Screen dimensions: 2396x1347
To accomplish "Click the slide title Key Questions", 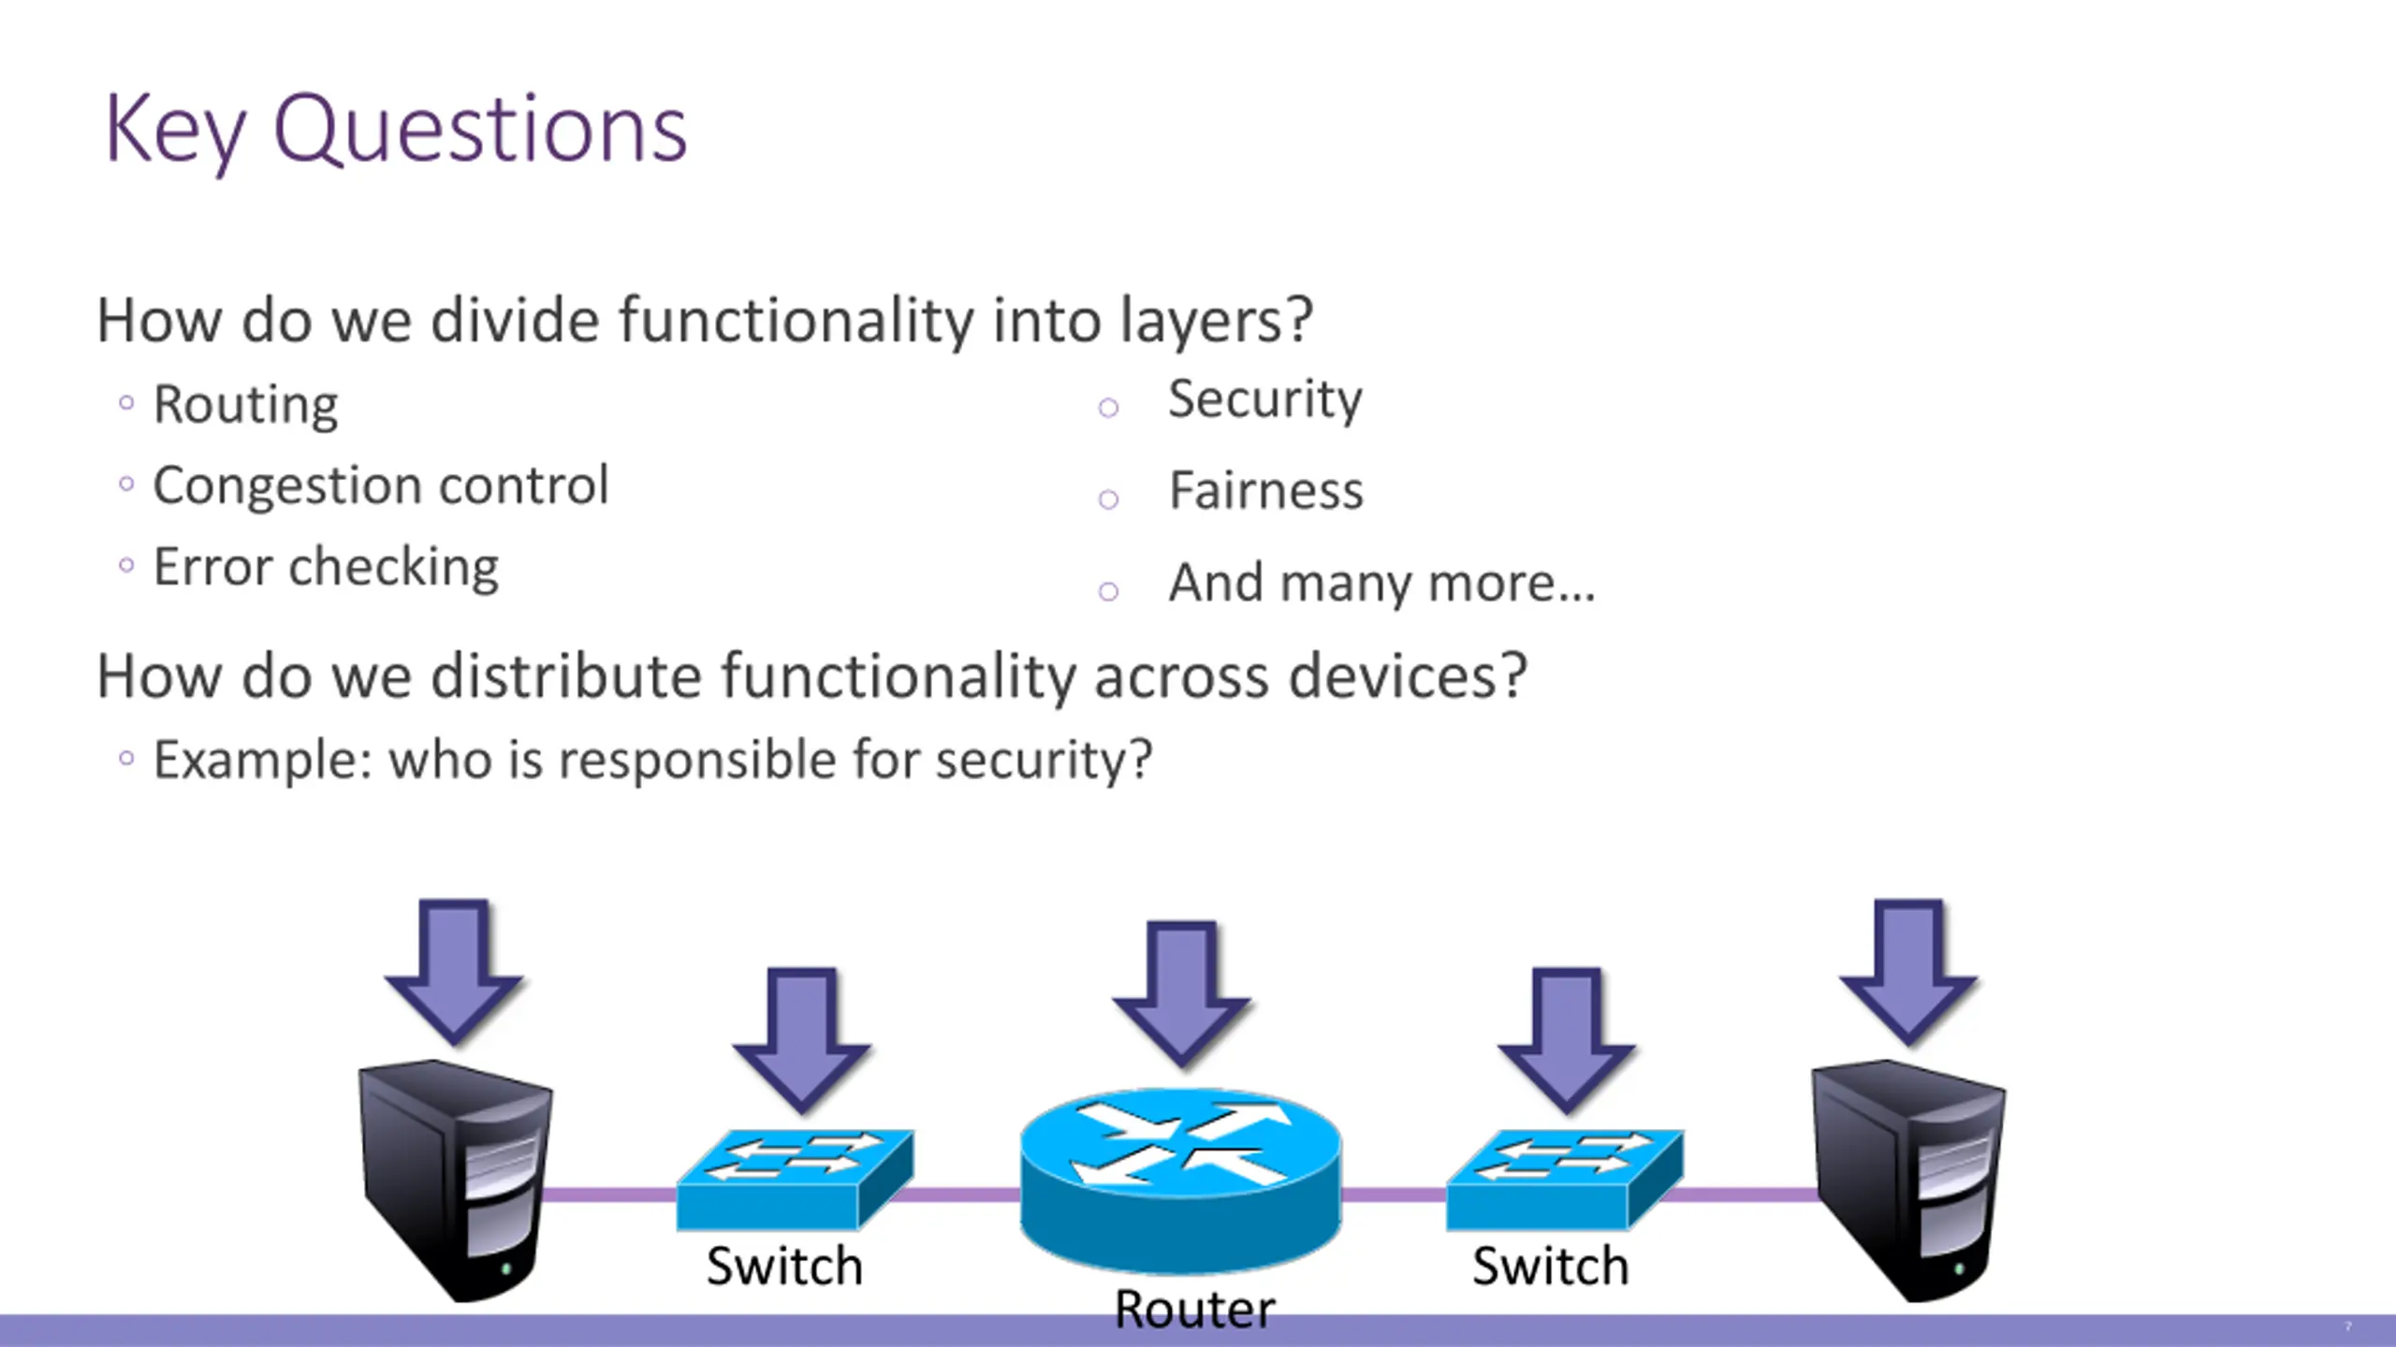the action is point(396,131).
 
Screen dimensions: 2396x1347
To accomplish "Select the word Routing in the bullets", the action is point(245,406).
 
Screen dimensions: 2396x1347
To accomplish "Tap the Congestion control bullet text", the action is point(381,486).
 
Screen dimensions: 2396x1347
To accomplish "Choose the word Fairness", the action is point(1266,491).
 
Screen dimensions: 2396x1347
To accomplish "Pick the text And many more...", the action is point(1381,583).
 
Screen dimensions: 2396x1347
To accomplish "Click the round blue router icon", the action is point(1180,1180).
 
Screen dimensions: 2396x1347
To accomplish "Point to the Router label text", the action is point(1194,1308).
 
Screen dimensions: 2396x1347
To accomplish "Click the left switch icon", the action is point(795,1180).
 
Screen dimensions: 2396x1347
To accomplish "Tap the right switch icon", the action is point(1564,1180).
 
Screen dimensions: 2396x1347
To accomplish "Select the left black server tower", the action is point(456,1180).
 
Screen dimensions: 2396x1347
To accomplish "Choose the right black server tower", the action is point(1908,1180).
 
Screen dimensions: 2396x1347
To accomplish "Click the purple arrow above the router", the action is point(1181,993).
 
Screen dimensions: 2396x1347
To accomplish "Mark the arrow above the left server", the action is point(454,972).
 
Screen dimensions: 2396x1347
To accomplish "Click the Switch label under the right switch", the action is point(1551,1267).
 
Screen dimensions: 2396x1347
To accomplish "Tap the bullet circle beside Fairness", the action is point(1108,500).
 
